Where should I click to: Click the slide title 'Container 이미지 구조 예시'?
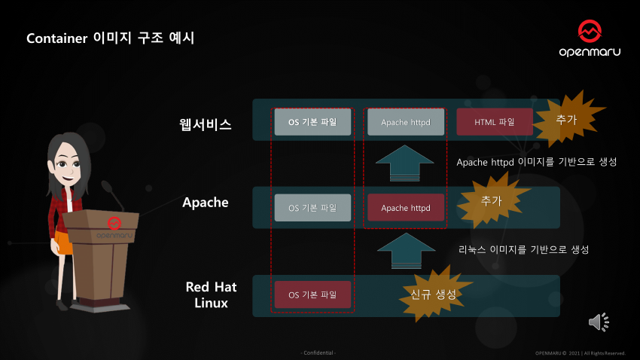coord(111,38)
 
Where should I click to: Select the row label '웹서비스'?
coord(200,124)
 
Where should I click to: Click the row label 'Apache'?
coord(206,203)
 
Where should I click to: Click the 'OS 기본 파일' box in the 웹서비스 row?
coord(312,122)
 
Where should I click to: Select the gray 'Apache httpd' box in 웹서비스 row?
coord(406,122)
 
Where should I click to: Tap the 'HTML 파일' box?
coord(494,122)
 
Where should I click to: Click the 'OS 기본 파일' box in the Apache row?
coord(312,207)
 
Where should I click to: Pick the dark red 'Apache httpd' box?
coord(406,208)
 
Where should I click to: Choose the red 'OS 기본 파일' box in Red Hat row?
coord(312,294)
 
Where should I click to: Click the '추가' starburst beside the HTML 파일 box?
coord(566,119)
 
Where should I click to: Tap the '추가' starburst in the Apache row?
coord(491,200)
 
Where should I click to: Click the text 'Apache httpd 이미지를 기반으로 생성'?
coord(537,162)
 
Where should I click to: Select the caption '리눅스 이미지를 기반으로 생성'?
coord(523,249)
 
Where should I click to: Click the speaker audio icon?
coord(599,322)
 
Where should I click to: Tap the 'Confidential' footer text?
coord(318,352)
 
